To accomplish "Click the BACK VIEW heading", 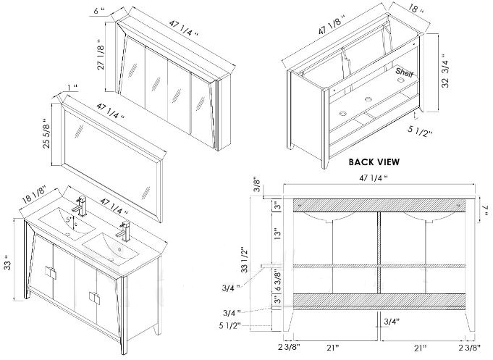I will pyautogui.click(x=374, y=162).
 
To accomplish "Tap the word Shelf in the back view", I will pyautogui.click(x=404, y=72).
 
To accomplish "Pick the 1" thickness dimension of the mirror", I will pyautogui.click(x=72, y=88).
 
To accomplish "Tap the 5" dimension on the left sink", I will pyautogui.click(x=69, y=219).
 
